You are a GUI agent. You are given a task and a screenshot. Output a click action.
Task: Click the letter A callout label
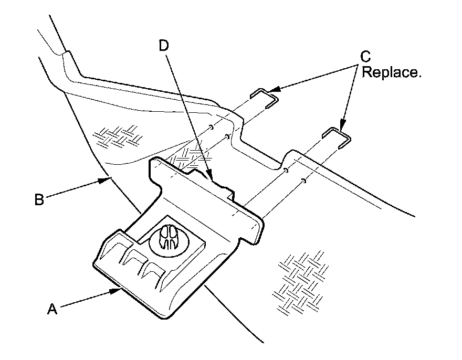51,310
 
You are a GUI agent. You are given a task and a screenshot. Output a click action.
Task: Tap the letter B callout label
39,199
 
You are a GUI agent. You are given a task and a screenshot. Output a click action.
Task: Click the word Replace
393,72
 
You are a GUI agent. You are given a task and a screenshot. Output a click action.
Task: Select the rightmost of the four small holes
304,181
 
